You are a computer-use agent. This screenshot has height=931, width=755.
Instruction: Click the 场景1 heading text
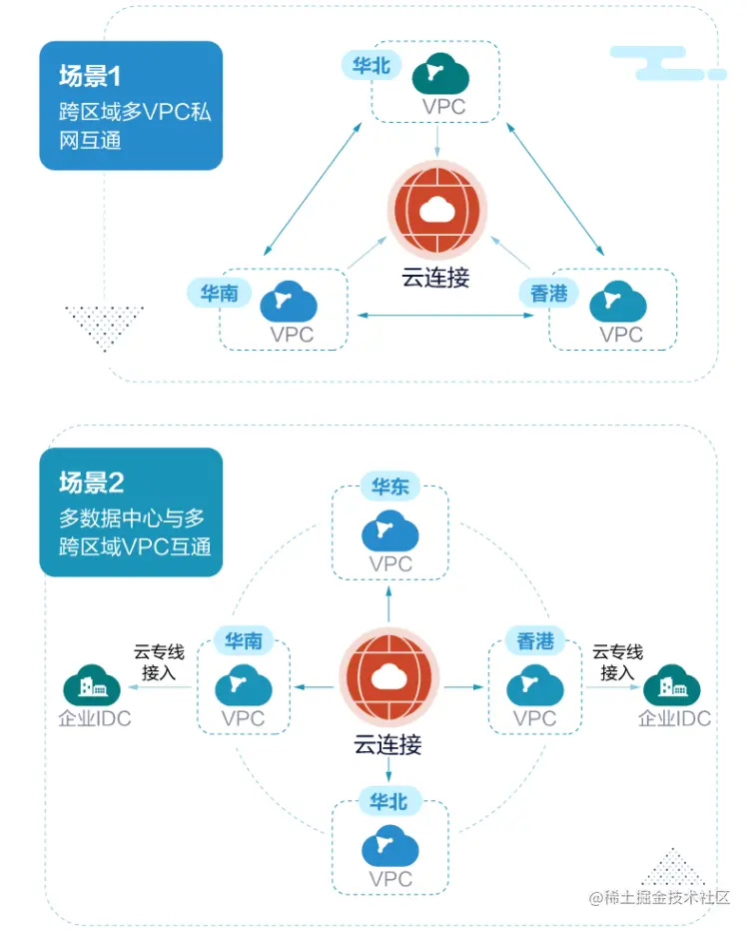coord(90,76)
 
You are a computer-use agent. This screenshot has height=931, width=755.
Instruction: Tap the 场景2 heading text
coord(92,482)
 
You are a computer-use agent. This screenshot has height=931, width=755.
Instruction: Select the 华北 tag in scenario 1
coord(372,65)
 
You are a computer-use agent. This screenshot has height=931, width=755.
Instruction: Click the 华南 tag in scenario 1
coord(219,293)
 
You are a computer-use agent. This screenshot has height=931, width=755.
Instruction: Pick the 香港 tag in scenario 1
coord(548,293)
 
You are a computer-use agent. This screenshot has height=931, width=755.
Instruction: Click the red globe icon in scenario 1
coord(437,210)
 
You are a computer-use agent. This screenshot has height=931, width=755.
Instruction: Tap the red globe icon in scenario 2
coord(388,677)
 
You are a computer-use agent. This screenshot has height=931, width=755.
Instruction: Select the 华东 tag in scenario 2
coord(389,486)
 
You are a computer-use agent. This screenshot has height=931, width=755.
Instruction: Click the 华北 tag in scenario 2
coord(388,801)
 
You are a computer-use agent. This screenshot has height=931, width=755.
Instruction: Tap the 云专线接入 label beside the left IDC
coord(159,662)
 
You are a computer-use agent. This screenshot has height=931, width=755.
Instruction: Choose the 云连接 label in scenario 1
coord(435,278)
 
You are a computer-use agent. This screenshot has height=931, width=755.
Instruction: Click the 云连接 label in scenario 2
coord(388,744)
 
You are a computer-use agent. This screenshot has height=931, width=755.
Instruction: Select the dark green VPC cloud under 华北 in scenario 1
coord(440,74)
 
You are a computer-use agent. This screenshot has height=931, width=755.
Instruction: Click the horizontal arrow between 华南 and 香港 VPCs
coord(445,316)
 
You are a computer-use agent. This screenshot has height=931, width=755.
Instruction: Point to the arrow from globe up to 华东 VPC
coord(388,603)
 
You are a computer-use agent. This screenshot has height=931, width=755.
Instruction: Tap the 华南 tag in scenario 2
coord(244,640)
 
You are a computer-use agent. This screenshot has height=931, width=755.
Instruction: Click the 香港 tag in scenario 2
coord(535,640)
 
